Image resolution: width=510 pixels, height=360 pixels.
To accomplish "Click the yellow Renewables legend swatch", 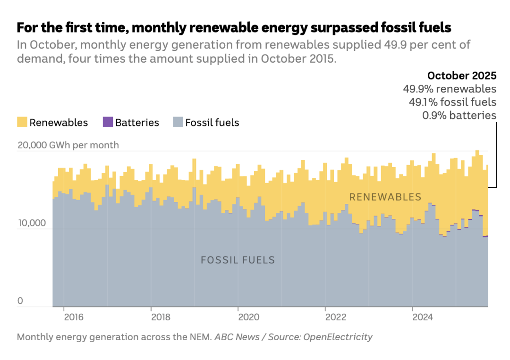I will point(22,123).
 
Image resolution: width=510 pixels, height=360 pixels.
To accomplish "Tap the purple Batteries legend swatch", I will point(108,123).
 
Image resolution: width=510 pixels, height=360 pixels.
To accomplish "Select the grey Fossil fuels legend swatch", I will point(178,123).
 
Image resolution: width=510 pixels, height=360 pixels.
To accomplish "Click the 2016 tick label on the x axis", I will point(74,317).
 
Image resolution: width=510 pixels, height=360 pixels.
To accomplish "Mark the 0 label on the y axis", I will point(20,301).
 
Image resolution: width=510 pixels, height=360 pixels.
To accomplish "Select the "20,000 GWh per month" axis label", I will point(68,145).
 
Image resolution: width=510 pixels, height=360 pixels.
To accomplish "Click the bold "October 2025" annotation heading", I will point(461,75).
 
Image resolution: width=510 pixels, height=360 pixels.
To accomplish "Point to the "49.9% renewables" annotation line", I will point(449,89).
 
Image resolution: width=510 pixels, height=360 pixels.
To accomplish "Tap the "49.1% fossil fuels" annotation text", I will point(452,102).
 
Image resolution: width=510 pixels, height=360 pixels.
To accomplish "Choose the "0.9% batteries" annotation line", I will point(459,115).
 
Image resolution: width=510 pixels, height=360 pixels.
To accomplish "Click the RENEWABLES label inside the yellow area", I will point(385,197).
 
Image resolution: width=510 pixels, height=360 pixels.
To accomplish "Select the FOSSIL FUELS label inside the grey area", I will point(238,260).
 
